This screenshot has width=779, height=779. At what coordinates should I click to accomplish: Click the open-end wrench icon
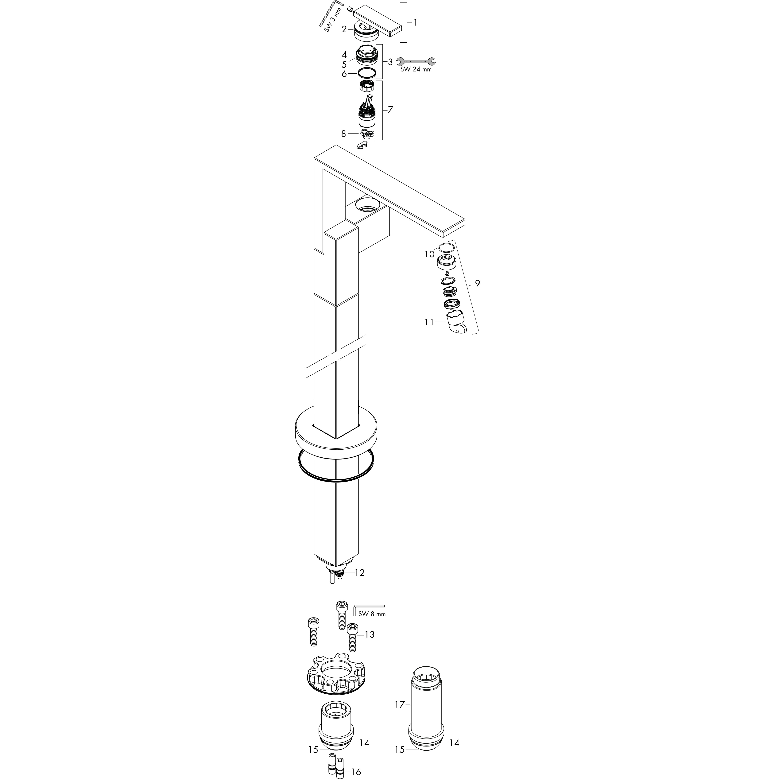point(416,61)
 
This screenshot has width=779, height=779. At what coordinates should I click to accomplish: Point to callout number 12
point(360,573)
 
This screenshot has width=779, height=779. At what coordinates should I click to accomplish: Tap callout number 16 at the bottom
point(356,772)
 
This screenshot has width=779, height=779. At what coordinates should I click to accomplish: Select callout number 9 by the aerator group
point(477,283)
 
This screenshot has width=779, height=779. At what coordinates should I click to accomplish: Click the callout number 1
point(415,23)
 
